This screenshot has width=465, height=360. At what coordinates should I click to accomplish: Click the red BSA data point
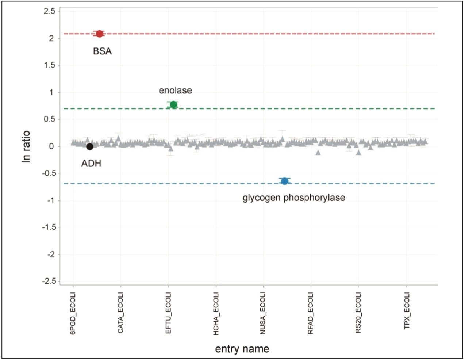pos(99,34)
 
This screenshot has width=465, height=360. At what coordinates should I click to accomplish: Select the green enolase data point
pos(174,104)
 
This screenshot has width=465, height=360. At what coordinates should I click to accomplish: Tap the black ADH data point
pos(90,146)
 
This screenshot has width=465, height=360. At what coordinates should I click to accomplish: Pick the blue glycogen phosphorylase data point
pos(285,181)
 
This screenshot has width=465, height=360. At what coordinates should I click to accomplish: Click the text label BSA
pos(102,51)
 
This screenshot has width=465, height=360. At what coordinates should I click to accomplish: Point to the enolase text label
pos(175,90)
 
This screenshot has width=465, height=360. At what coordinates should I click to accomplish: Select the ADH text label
pos(91,164)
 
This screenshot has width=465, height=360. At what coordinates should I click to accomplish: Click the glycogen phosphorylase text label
pos(294,198)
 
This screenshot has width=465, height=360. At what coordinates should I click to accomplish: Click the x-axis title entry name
pos(242,349)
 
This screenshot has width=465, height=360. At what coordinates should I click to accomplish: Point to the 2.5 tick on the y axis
pos(49,11)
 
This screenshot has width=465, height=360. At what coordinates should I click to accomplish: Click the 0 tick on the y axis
pos(51,146)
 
